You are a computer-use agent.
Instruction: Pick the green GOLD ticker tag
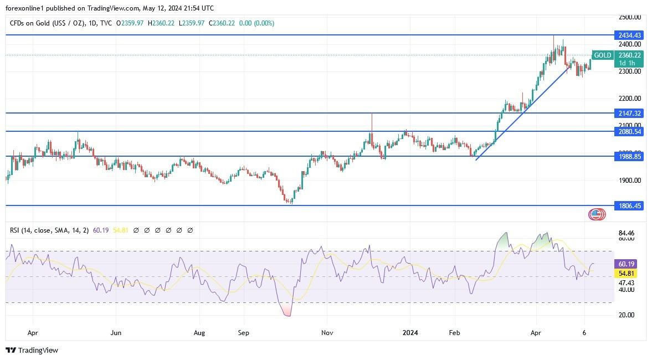[x=602, y=55]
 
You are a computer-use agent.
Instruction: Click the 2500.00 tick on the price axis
[x=630, y=17]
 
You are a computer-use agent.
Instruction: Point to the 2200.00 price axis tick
[x=630, y=99]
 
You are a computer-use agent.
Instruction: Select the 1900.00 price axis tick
[x=630, y=181]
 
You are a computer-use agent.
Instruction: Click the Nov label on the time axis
[x=327, y=333]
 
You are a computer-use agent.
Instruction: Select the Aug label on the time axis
[x=199, y=333]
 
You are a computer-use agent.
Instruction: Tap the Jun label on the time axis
[x=116, y=333]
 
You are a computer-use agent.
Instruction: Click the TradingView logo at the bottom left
[x=32, y=350]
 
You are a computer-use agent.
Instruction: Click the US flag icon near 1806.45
[x=596, y=215]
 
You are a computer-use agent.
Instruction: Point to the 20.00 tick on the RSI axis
[x=626, y=315]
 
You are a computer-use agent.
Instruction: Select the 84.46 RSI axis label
[x=626, y=233]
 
